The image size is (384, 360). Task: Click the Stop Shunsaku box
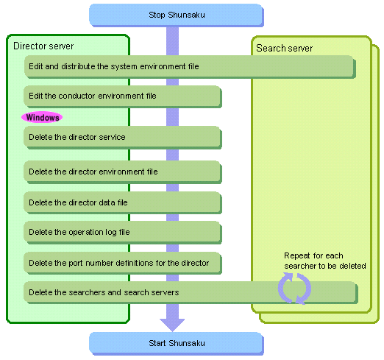click(x=177, y=15)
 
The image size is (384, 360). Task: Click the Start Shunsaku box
click(x=177, y=343)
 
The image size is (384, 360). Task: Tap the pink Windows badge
click(x=42, y=117)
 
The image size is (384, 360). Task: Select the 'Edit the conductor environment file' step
click(x=123, y=96)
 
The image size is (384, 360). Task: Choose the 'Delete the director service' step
click(x=123, y=138)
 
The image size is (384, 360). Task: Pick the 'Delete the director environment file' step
click(x=123, y=172)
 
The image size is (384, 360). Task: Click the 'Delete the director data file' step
click(x=123, y=202)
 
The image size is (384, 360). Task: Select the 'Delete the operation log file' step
click(x=123, y=232)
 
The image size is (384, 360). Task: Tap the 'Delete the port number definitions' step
click(x=123, y=263)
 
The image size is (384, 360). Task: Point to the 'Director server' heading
click(x=43, y=46)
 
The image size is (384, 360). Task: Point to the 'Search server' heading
click(x=285, y=48)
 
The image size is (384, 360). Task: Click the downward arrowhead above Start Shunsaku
click(x=172, y=325)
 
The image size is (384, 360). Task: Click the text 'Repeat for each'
click(x=313, y=255)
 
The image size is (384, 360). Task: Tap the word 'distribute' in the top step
click(x=78, y=66)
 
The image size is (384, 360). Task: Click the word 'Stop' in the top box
click(x=157, y=15)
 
